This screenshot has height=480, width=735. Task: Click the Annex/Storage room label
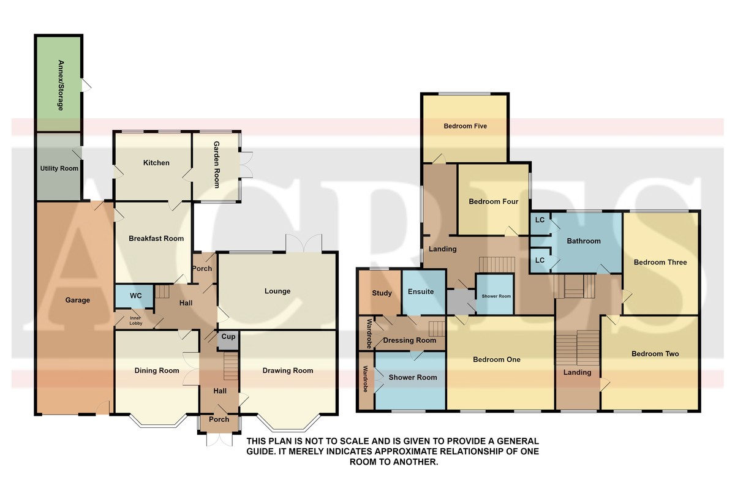click(61, 85)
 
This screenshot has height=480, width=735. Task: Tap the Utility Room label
click(59, 168)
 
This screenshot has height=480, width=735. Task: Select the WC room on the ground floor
click(134, 296)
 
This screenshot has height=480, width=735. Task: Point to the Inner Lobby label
click(135, 321)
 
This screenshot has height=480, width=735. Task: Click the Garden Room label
click(217, 164)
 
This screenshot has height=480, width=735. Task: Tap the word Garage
click(77, 300)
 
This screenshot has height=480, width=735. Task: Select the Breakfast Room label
click(156, 239)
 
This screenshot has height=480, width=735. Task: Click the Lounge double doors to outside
click(304, 243)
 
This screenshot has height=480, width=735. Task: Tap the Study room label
click(382, 293)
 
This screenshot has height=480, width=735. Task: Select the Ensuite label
click(421, 291)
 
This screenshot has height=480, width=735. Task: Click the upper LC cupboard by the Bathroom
click(540, 223)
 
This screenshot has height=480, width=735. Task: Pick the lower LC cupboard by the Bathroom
click(540, 260)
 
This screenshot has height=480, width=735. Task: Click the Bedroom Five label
click(465, 126)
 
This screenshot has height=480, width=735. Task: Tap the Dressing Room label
click(410, 340)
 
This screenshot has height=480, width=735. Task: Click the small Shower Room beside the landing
click(495, 294)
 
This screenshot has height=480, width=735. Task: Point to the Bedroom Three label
click(660, 262)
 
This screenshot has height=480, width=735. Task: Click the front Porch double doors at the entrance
click(219, 440)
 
